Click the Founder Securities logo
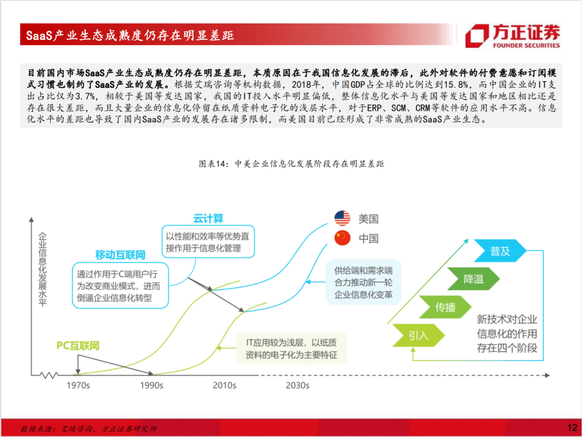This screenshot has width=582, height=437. click(x=512, y=36)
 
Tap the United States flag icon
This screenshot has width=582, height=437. click(x=342, y=218)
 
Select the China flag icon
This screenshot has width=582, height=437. click(x=342, y=238)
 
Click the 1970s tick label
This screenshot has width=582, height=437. click(x=78, y=385)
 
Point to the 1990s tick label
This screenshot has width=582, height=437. click(x=151, y=385)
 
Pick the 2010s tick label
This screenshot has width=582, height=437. click(x=225, y=385)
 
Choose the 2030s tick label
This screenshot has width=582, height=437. click(x=297, y=385)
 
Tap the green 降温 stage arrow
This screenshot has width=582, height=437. click(x=474, y=279)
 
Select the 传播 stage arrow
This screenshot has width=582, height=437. click(x=446, y=307)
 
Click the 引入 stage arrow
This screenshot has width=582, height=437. click(x=419, y=335)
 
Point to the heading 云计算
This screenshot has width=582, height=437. click(x=208, y=218)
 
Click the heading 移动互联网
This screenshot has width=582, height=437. click(x=120, y=255)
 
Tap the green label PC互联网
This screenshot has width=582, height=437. click(x=78, y=345)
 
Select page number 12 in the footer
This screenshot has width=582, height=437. click(x=572, y=428)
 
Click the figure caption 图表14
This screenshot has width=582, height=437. click(x=292, y=164)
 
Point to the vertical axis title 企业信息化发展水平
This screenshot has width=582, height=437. click(x=43, y=269)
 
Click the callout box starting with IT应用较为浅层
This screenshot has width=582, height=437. click(x=292, y=348)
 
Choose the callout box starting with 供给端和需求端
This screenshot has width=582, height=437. click(x=363, y=282)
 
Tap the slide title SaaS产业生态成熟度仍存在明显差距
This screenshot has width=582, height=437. click(x=130, y=35)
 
